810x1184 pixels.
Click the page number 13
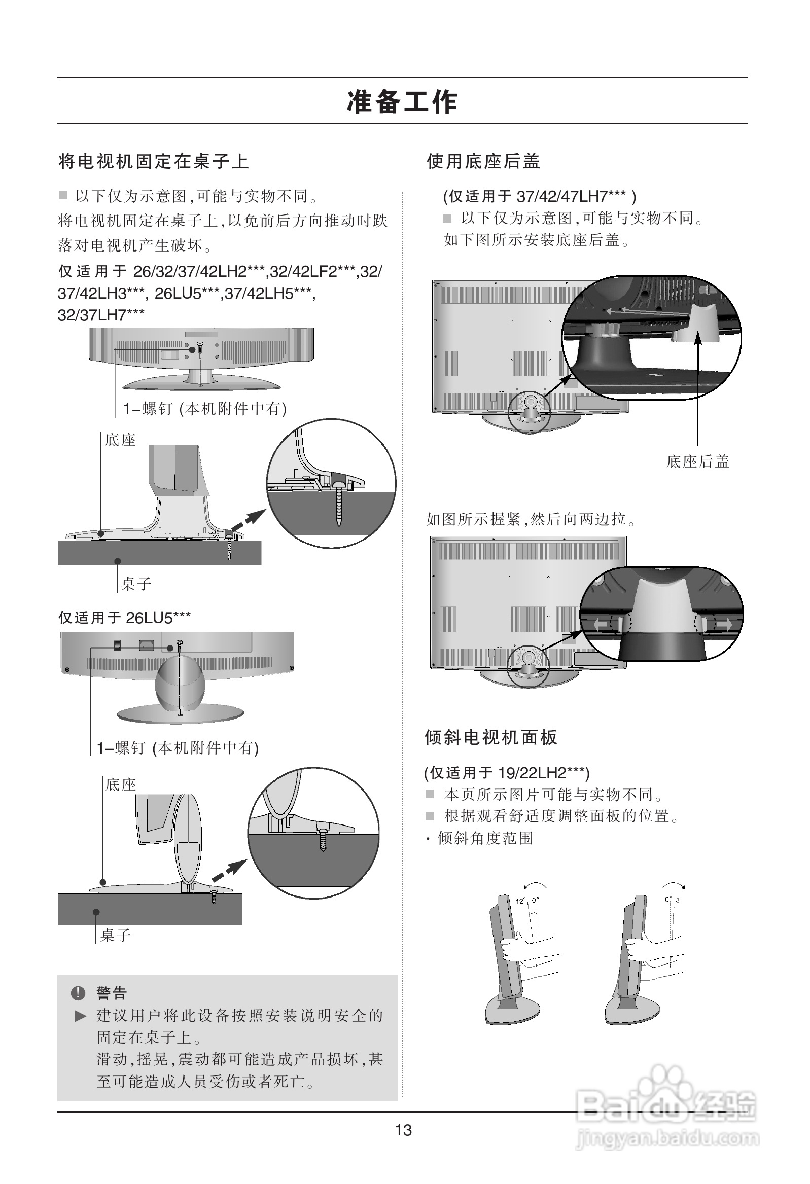pos(403,1130)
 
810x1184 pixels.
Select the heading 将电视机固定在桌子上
pos(154,162)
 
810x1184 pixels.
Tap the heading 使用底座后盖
pos(483,162)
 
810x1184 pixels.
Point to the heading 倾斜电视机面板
pos(491,737)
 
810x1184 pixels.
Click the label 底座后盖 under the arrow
pos(697,461)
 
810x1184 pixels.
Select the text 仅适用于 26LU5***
pos(124,618)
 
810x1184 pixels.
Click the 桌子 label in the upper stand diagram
pos(136,584)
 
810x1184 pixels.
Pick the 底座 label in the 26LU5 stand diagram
pos(121,784)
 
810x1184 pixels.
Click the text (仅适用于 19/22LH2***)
pos(507,773)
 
